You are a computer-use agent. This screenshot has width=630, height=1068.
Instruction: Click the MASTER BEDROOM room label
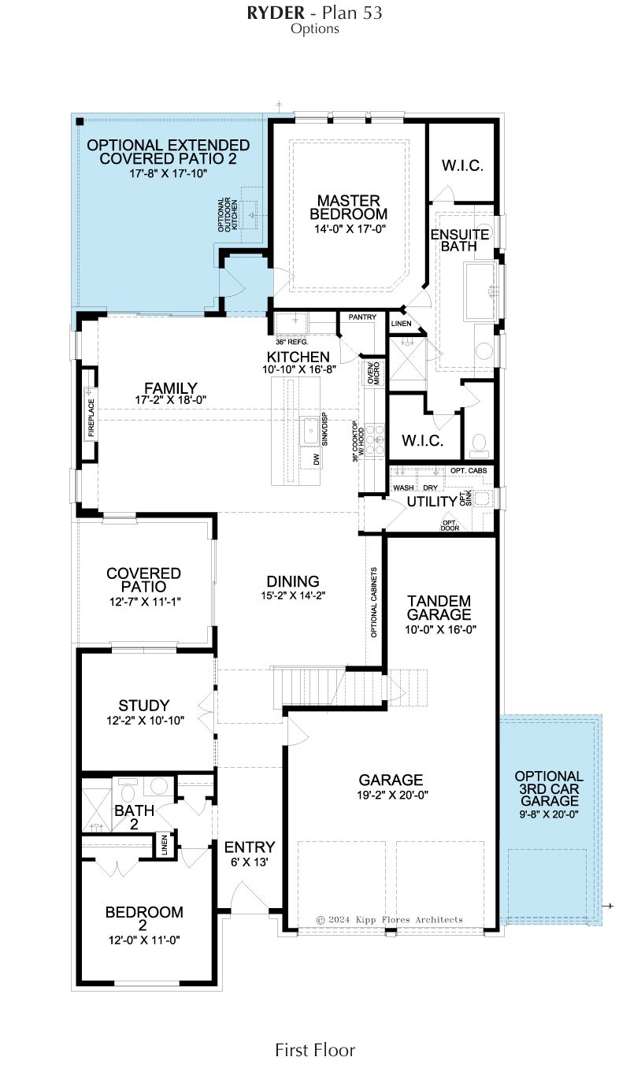point(348,207)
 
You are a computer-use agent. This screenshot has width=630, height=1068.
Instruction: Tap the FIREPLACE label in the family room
point(91,417)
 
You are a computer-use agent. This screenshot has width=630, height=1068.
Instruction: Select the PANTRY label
point(362,317)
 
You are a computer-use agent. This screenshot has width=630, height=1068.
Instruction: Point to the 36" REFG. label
point(292,342)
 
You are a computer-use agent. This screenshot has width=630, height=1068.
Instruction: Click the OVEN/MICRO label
point(373,373)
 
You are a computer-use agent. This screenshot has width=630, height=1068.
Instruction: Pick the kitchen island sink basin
point(309,430)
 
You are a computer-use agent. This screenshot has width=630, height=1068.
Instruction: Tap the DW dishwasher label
point(317,459)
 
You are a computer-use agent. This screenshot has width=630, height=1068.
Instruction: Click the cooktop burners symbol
point(375,439)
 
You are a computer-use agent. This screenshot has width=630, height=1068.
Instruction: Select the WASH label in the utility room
point(403,488)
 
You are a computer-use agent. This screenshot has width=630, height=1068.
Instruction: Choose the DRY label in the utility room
point(430,488)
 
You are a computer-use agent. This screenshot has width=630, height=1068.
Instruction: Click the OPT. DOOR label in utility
point(450,525)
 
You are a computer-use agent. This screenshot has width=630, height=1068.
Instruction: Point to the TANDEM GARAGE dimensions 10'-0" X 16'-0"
point(441,629)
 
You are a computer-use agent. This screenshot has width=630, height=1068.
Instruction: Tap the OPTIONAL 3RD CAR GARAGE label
point(549,788)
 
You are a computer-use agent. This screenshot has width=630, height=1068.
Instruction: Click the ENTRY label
point(250,847)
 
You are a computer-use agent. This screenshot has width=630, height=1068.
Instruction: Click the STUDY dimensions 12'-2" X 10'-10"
point(145,721)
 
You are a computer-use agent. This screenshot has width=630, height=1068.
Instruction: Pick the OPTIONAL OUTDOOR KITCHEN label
point(228,215)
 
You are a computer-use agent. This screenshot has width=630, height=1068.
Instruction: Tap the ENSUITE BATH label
point(460,240)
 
